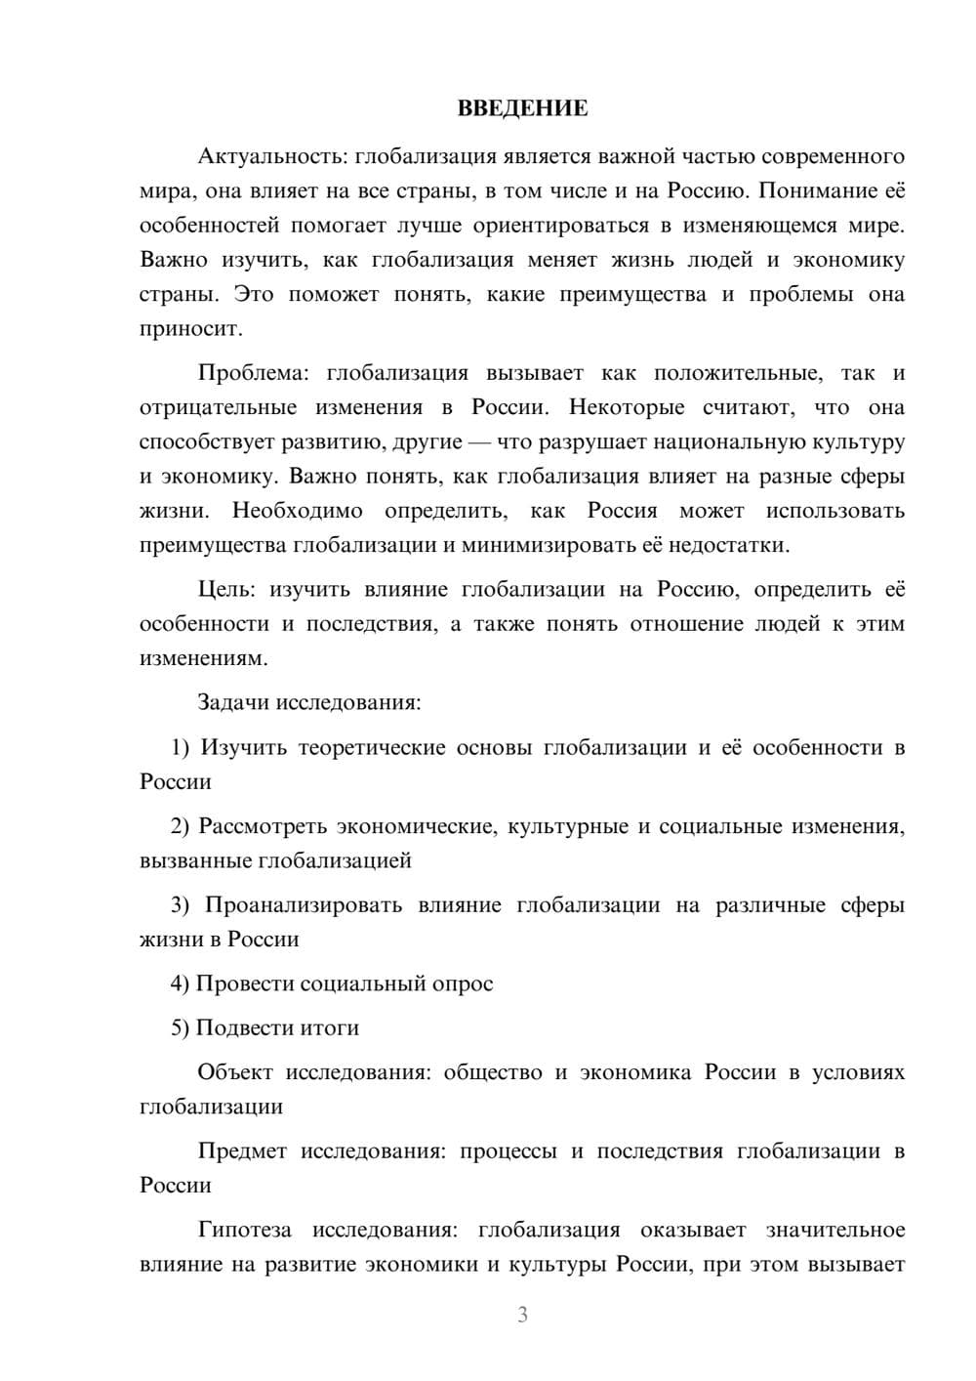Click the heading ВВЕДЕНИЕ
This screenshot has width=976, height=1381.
(522, 108)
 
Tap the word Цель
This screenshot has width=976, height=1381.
(226, 589)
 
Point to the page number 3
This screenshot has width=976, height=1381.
(522, 1315)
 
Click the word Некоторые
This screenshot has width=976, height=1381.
(625, 407)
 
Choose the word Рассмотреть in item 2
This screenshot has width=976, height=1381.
(263, 826)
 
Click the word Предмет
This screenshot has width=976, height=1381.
(242, 1151)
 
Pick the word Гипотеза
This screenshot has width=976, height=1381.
(245, 1230)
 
